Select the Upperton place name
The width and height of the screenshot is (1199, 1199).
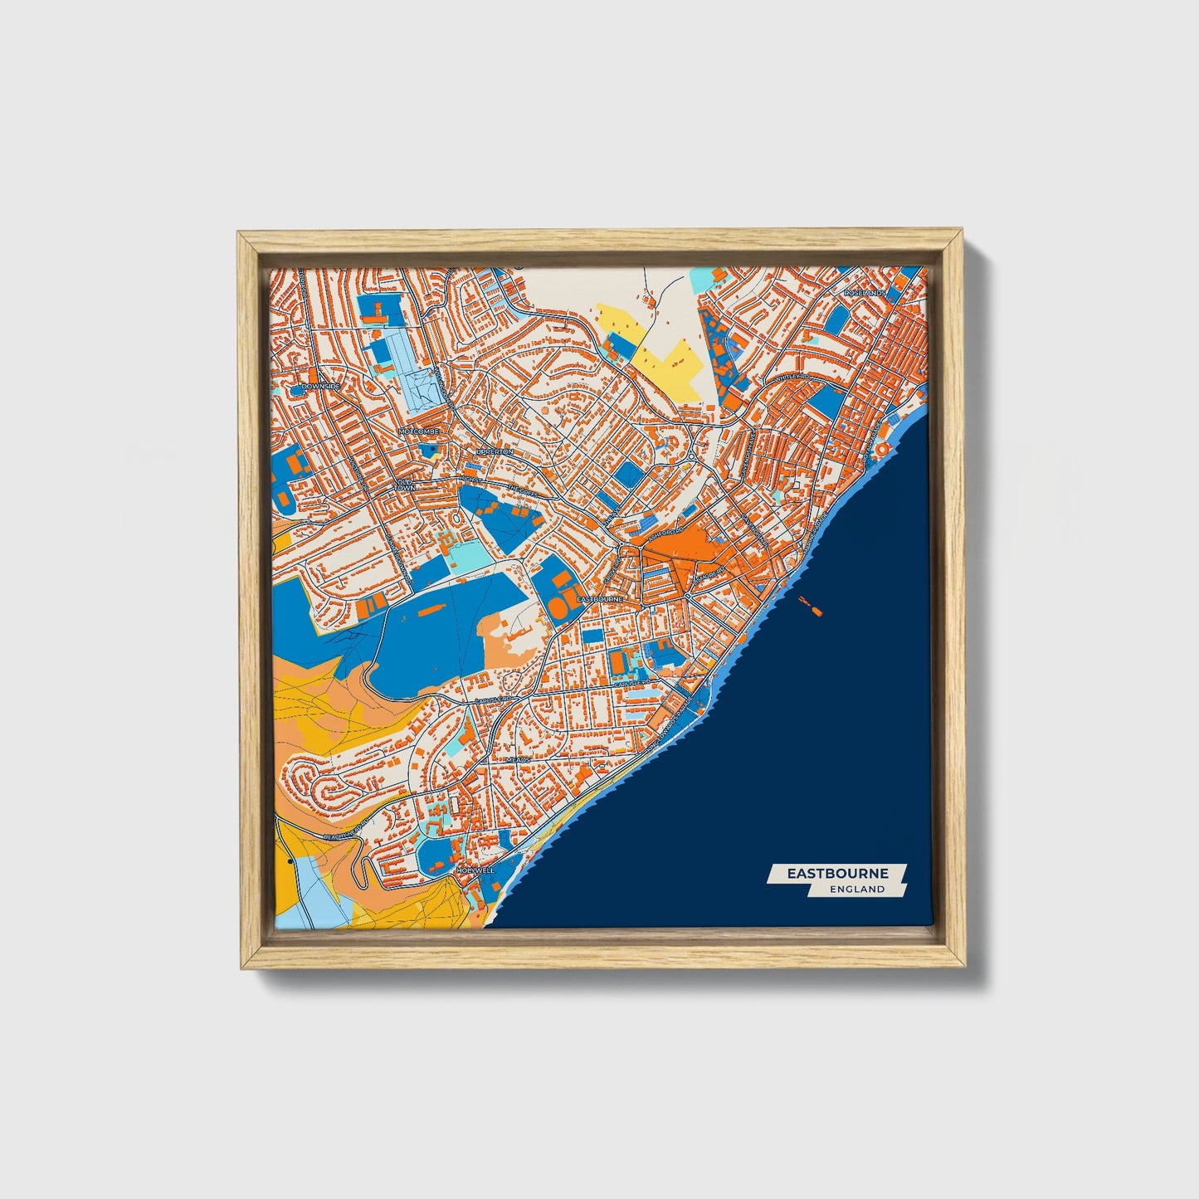tap(495, 451)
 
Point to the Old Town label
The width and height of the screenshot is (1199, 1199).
tap(406, 485)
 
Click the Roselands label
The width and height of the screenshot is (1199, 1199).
tap(865, 293)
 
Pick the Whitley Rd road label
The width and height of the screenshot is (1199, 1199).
tap(792, 377)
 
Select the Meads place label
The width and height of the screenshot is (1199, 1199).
tap(517, 759)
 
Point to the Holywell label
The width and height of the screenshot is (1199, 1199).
tap(475, 870)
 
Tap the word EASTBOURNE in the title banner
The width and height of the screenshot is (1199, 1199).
tap(837, 873)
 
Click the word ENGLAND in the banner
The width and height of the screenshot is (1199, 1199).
tap(857, 889)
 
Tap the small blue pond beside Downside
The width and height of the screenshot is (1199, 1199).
tap(296, 388)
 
